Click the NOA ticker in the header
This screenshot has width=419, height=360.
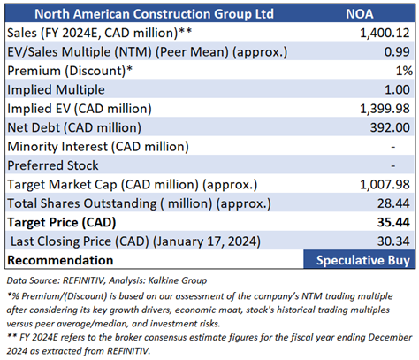coord(360,14)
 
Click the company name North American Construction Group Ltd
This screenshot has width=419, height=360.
coord(154,14)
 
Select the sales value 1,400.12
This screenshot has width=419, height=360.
coord(385,33)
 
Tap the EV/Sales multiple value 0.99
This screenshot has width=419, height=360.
coord(397,52)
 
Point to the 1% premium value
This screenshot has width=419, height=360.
coord(404,71)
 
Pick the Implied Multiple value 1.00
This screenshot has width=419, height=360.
coord(397,89)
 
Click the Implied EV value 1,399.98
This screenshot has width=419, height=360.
coord(385,109)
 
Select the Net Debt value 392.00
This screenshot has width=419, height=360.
coord(390,127)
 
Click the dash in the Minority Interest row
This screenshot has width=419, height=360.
coord(393,147)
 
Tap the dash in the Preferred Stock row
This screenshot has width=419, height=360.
coord(393,165)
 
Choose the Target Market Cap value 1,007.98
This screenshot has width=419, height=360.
coord(385,185)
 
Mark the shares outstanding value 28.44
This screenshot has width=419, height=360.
coord(393,203)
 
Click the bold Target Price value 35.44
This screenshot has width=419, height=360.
coord(393,222)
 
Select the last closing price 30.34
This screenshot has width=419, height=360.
coord(393,241)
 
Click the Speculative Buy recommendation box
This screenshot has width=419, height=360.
coord(359,259)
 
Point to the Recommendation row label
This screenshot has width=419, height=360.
coord(60,260)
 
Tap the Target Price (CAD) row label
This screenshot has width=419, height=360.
coord(62,223)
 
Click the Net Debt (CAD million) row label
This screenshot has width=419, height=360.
coord(74,128)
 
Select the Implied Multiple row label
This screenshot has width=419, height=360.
coord(56,90)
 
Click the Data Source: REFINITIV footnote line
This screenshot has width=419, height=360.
coord(107,280)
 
